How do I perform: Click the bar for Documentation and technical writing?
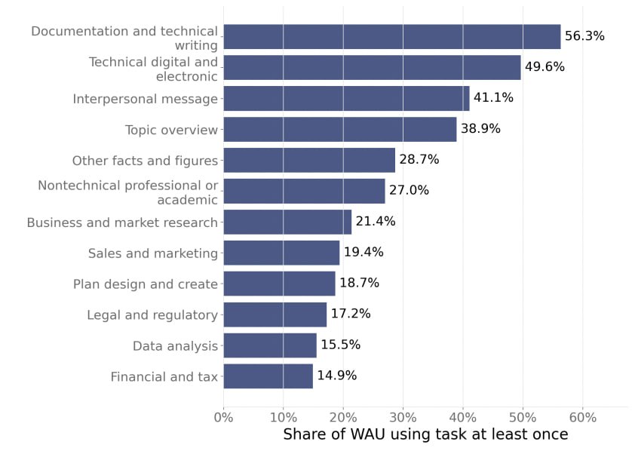tap(392, 37)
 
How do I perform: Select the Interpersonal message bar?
tap(347, 98)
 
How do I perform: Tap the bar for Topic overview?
tap(340, 130)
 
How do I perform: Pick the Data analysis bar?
tap(270, 345)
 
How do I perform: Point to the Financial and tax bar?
tap(268, 376)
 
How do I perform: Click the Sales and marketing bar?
tap(282, 253)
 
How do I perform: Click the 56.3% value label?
tap(584, 36)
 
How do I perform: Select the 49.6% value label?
tap(545, 66)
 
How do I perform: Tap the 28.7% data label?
tap(419, 159)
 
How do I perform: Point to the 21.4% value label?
tap(376, 221)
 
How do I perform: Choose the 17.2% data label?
tap(351, 313)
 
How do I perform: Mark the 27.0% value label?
tap(409, 190)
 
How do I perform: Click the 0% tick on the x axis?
tap(224, 417)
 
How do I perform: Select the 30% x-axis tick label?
tap(403, 417)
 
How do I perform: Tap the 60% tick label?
tap(583, 417)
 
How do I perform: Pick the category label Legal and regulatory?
tap(152, 315)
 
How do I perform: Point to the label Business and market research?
tap(122, 222)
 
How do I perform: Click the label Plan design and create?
tap(146, 284)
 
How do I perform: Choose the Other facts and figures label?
tap(145, 161)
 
